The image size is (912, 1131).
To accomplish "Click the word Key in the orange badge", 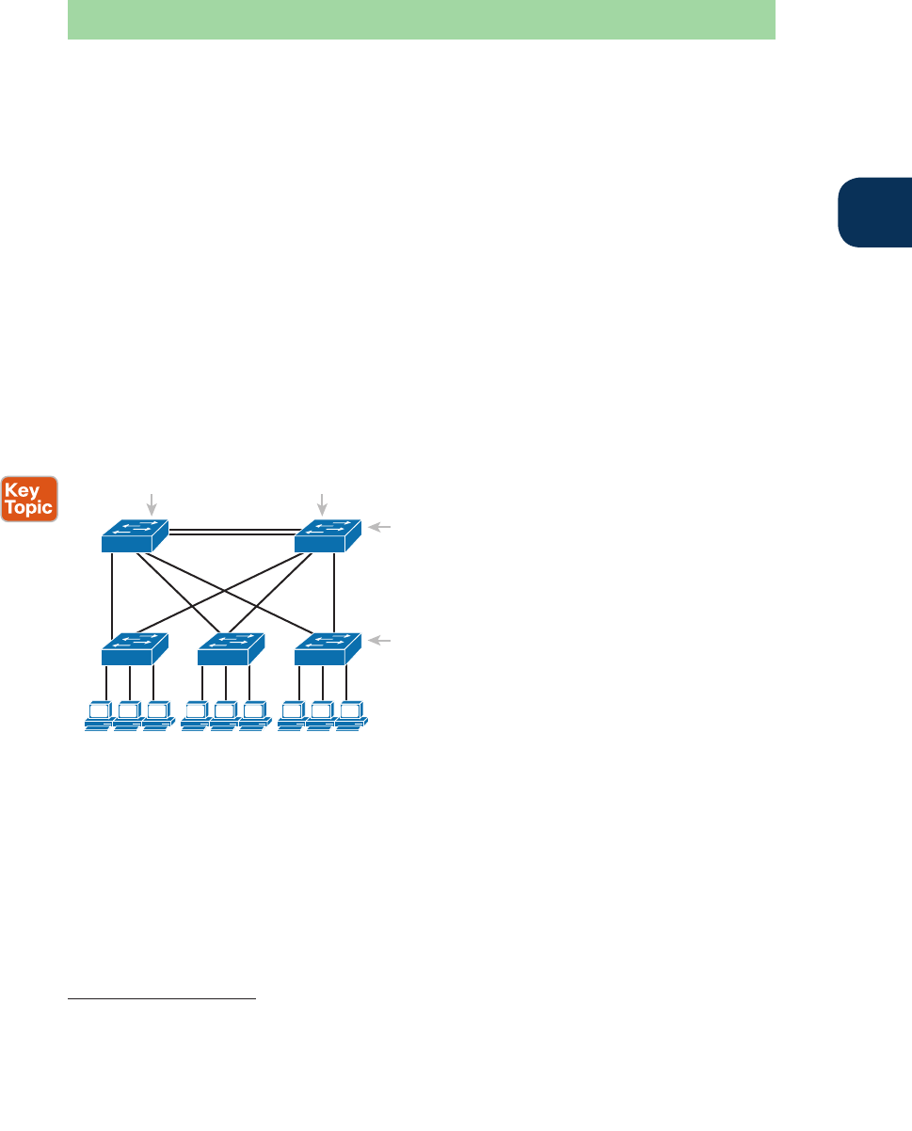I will point(30,489).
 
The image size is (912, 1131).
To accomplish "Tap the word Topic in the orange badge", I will point(30,507).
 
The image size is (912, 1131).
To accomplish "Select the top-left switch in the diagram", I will point(134,536).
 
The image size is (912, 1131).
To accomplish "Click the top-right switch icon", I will point(328,536).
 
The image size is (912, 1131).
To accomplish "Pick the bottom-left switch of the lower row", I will point(134,647).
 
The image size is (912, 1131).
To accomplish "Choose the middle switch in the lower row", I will point(231,647).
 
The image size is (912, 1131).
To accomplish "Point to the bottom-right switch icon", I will point(328,647).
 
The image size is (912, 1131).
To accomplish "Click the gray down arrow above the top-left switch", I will point(151,503).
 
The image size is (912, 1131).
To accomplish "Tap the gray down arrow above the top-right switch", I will point(323,503).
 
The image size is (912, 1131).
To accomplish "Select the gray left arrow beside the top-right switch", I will point(380,529).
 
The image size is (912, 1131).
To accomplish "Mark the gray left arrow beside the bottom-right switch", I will point(380,640).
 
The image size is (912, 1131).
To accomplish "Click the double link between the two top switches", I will point(231,533).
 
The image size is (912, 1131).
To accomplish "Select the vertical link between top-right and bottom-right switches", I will point(334,588).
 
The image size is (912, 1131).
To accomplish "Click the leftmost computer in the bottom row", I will point(98,716).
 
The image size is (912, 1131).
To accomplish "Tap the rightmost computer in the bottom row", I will point(352,716).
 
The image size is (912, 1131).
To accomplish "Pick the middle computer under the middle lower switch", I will point(224,716).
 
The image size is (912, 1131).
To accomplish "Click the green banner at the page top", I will point(421,20).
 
